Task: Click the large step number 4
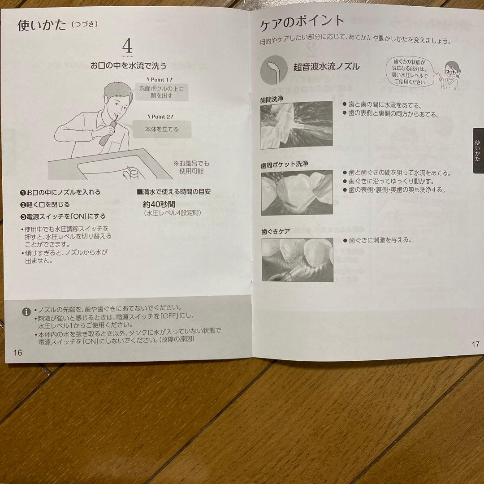tap(127, 46)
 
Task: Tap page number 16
tap(17, 353)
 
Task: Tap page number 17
tap(475, 344)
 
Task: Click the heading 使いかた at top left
tap(42, 25)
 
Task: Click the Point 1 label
tap(160, 80)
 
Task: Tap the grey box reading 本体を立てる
tap(162, 129)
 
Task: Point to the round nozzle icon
tap(274, 70)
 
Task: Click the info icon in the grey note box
tap(26, 311)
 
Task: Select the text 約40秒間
tap(159, 204)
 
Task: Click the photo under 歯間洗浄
tap(297, 125)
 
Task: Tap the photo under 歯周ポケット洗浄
tap(297, 192)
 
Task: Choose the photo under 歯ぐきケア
tap(298, 259)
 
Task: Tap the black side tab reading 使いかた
tap(478, 150)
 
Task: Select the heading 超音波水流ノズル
tap(326, 66)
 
